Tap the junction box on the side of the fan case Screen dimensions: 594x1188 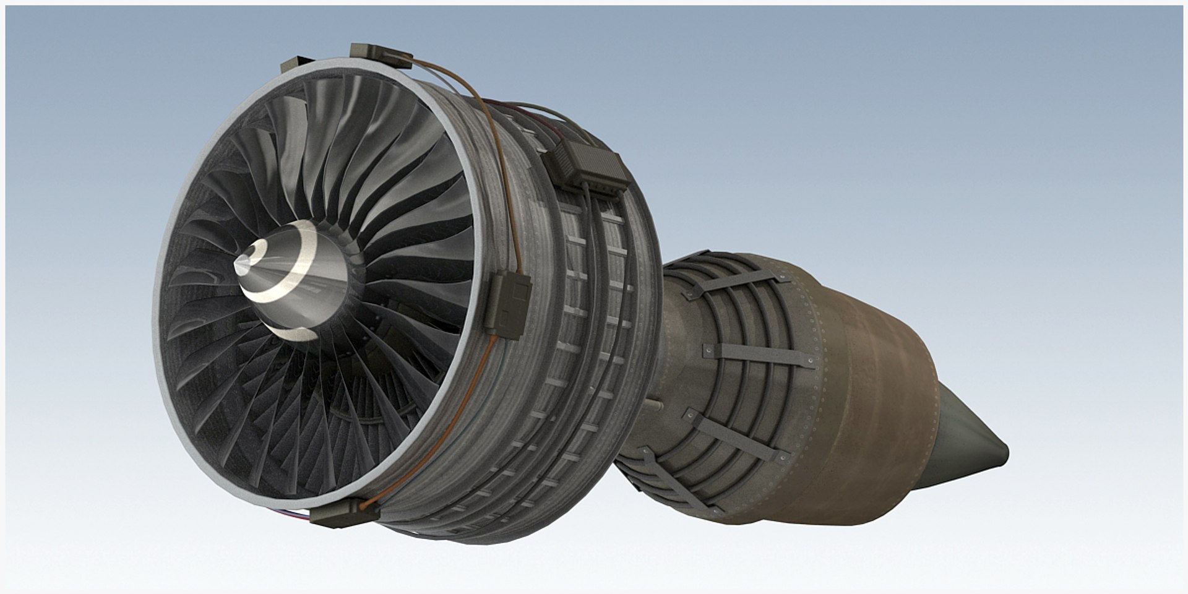coord(510,299)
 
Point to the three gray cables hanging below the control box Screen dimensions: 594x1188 coord(594,247)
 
